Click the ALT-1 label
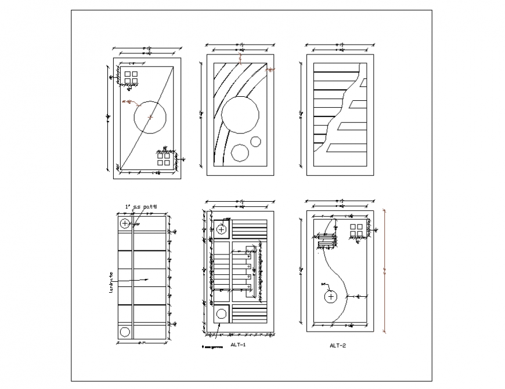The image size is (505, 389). [239, 344]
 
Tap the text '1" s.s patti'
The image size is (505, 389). [140, 206]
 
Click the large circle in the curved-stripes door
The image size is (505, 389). [240, 114]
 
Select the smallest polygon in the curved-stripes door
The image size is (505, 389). [255, 141]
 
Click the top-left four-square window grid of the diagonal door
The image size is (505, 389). [131, 78]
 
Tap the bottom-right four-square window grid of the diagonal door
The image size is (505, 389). [164, 159]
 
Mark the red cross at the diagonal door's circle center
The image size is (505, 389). [151, 117]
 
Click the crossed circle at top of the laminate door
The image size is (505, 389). [125, 223]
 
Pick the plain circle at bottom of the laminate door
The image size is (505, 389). [125, 332]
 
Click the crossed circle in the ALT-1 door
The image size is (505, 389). [222, 230]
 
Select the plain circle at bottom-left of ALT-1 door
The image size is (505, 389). [222, 314]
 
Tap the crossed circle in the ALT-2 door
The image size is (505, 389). [331, 297]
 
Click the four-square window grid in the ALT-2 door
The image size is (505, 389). [356, 230]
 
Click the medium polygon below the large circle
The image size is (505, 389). [239, 152]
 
